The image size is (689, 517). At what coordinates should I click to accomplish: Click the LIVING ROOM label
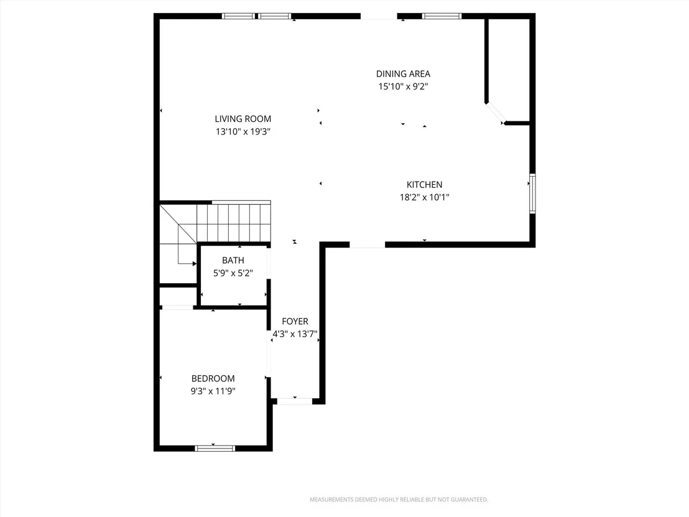pyautogui.click(x=243, y=119)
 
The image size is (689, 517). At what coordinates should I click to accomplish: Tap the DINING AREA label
pyautogui.click(x=403, y=74)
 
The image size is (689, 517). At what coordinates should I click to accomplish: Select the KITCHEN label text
pyautogui.click(x=424, y=185)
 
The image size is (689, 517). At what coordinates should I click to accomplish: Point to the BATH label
pyautogui.click(x=233, y=260)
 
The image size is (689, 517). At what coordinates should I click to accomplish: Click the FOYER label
pyautogui.click(x=295, y=322)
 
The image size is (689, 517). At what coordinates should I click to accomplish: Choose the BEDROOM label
pyautogui.click(x=213, y=378)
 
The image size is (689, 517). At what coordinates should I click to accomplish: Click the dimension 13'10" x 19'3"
pyautogui.click(x=243, y=131)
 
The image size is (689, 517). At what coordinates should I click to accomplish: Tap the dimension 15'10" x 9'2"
pyautogui.click(x=403, y=86)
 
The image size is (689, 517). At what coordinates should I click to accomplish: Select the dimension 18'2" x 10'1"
pyautogui.click(x=424, y=197)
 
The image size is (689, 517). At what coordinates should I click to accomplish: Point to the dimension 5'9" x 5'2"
pyautogui.click(x=233, y=273)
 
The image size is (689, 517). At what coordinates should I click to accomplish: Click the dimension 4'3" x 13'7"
pyautogui.click(x=295, y=334)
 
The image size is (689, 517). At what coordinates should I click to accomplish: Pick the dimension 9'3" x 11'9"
pyautogui.click(x=213, y=391)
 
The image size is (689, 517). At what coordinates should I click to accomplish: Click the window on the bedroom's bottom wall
pyautogui.click(x=215, y=449)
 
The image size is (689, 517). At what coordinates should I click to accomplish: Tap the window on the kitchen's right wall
pyautogui.click(x=532, y=193)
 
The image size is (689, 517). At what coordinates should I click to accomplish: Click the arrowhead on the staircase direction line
pyautogui.click(x=195, y=264)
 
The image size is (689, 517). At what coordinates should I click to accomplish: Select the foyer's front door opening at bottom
pyautogui.click(x=294, y=401)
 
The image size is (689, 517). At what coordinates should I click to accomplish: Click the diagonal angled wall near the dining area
pyautogui.click(x=495, y=113)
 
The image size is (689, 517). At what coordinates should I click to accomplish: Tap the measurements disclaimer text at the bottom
pyautogui.click(x=399, y=500)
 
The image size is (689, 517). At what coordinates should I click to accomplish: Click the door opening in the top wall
pyautogui.click(x=379, y=16)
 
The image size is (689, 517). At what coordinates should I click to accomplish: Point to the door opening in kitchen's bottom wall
pyautogui.click(x=368, y=245)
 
